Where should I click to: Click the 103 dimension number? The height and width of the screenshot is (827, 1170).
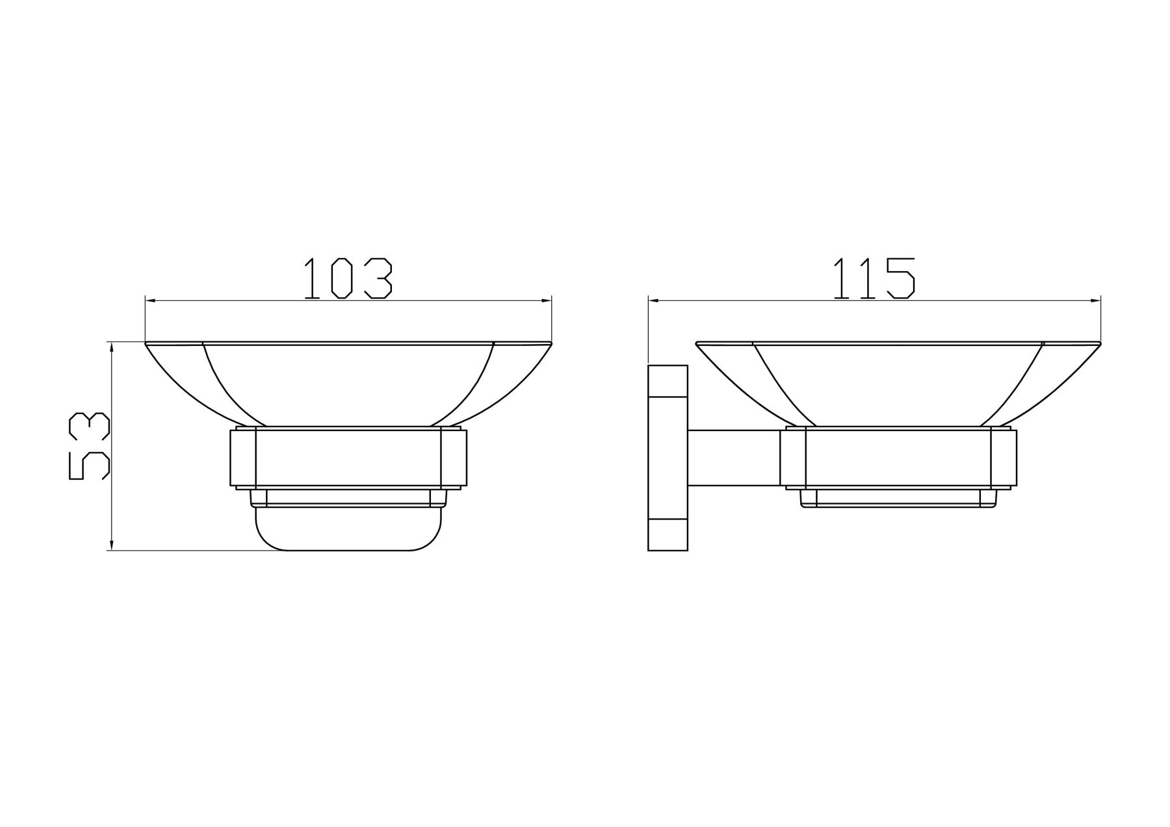point(348,279)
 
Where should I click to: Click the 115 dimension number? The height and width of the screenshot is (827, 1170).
point(874,279)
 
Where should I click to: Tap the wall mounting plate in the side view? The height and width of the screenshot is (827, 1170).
point(668,458)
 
